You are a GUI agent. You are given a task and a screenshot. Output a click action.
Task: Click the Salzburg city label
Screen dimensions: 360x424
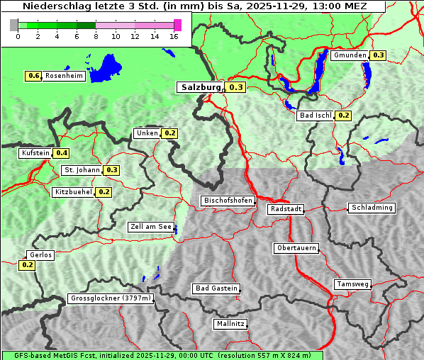click(199, 87)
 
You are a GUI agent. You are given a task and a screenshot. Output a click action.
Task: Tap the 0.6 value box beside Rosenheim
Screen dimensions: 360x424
click(33, 76)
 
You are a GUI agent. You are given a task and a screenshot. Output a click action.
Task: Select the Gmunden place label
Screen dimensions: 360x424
click(350, 55)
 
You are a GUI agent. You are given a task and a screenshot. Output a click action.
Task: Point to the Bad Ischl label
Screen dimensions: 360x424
click(315, 116)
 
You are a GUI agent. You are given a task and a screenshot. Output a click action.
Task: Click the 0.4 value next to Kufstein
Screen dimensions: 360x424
click(62, 153)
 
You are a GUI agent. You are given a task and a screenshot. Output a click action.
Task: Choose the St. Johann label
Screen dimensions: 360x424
click(81, 170)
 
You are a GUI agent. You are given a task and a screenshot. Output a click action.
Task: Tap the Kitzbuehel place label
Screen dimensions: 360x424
click(73, 192)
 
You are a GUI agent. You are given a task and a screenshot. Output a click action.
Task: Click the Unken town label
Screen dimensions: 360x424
click(147, 133)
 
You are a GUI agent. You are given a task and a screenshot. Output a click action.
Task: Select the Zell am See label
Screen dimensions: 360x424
click(151, 227)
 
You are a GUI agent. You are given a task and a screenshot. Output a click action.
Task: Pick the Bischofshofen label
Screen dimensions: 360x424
click(228, 201)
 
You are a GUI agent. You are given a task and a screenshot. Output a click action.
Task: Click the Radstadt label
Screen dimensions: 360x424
click(285, 209)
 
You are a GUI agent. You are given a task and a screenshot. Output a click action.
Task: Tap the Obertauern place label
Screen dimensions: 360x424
click(296, 248)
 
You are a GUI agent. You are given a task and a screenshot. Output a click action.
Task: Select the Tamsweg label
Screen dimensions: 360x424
click(352, 284)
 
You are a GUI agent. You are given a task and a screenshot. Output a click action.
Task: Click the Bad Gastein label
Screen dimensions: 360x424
click(216, 288)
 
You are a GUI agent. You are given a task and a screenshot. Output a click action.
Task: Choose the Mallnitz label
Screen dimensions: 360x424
click(230, 324)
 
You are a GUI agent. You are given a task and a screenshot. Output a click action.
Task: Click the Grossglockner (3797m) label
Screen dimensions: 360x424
click(111, 298)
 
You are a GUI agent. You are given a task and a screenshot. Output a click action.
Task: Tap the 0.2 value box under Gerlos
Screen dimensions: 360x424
click(27, 265)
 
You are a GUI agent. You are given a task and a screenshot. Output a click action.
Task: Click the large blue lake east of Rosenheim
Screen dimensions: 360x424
click(107, 67)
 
